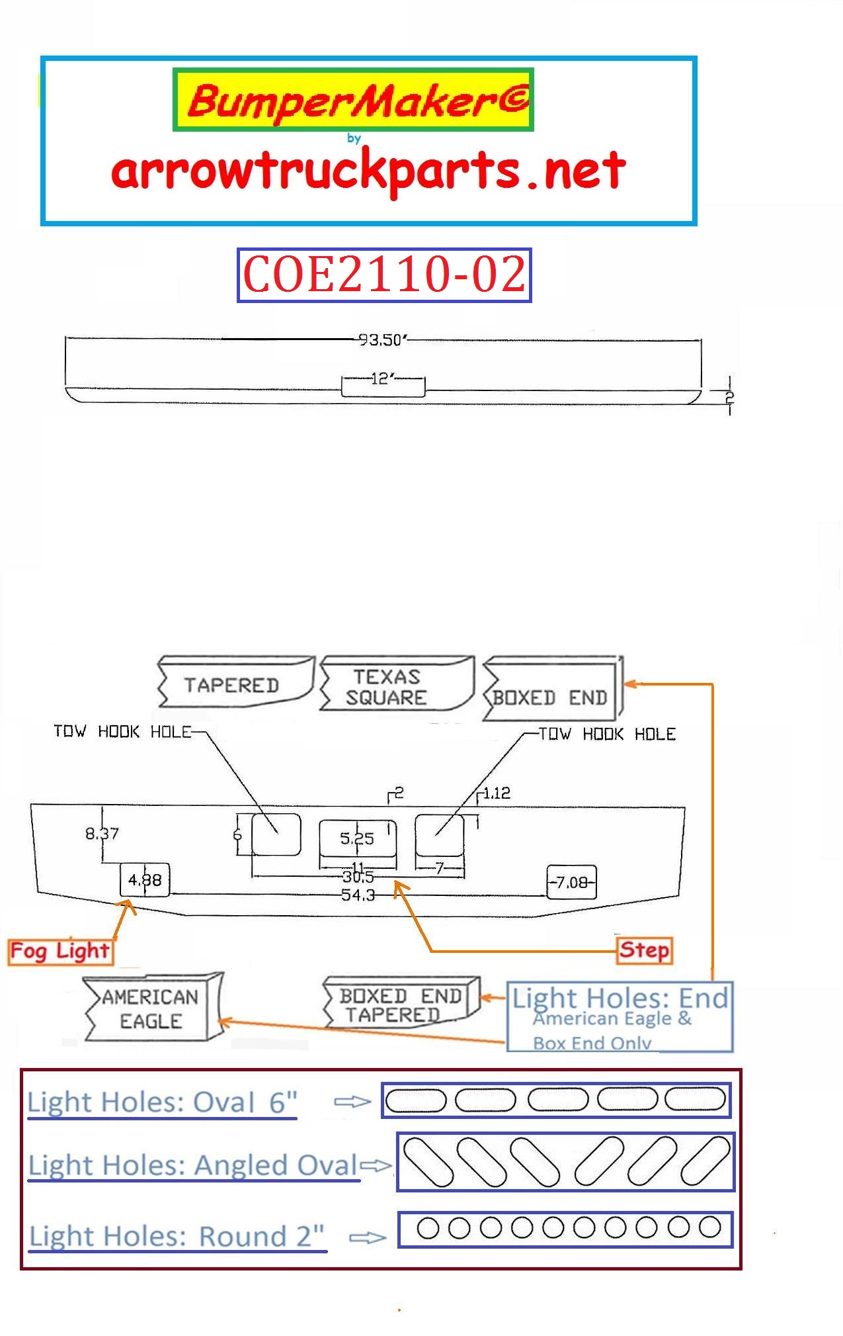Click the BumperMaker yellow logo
tap(353, 100)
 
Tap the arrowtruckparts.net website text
tap(368, 171)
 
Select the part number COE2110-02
tap(384, 275)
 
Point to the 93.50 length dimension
tap(381, 339)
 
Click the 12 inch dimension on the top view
tap(382, 379)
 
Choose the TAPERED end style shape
tap(234, 683)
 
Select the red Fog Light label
tap(60, 952)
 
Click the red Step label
tap(643, 950)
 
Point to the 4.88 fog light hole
tap(145, 880)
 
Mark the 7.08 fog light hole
tap(572, 882)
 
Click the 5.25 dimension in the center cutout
tap(357, 838)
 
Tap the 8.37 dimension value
tap(102, 833)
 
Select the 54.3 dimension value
tap(358, 895)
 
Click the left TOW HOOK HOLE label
tap(122, 731)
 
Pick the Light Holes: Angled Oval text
tap(193, 1165)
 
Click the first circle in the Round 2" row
tap(428, 1227)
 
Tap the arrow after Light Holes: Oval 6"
tap(352, 1102)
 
